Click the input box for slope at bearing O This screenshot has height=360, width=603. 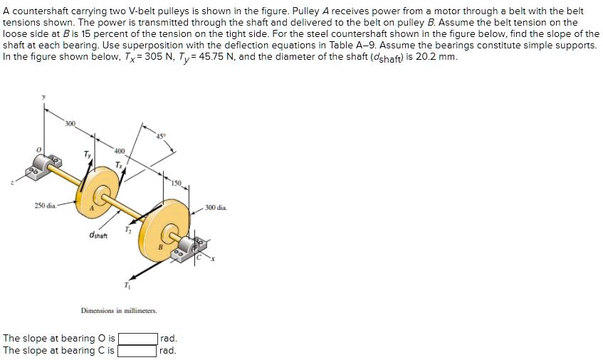137,339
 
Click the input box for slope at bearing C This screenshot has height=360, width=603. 137,351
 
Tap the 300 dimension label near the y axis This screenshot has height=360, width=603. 70,125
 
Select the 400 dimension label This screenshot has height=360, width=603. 119,152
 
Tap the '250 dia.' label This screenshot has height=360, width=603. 46,206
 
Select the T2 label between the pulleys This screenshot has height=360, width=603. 128,229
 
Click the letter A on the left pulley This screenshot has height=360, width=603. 91,209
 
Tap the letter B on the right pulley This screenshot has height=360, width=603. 161,246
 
